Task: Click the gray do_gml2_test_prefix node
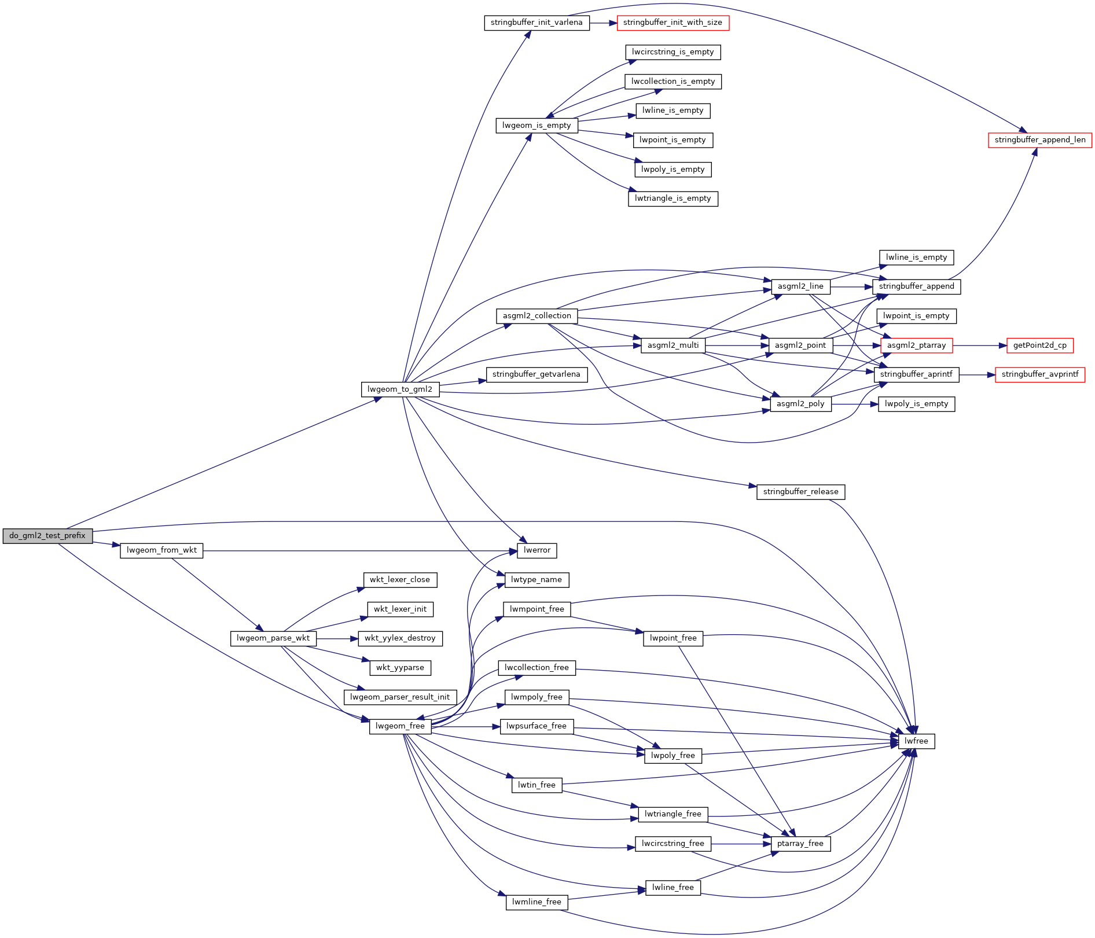coord(47,536)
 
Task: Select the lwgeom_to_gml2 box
coord(400,389)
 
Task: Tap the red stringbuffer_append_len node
coord(1039,140)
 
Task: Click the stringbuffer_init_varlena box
coord(537,23)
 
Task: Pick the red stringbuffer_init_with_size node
coord(673,23)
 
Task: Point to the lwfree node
coord(916,741)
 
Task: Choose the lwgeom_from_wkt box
coord(161,550)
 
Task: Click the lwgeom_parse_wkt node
coord(273,638)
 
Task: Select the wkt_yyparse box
coord(400,668)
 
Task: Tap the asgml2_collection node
coord(537,316)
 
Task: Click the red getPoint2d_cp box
coord(1039,345)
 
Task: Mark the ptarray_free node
coord(800,844)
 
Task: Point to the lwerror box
coord(537,550)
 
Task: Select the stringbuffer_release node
coord(800,492)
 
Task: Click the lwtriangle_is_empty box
coord(673,198)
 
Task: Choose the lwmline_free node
coord(537,902)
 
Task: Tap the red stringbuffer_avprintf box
coord(1039,374)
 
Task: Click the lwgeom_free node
coord(400,726)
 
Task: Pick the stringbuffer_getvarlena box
coord(536,374)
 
